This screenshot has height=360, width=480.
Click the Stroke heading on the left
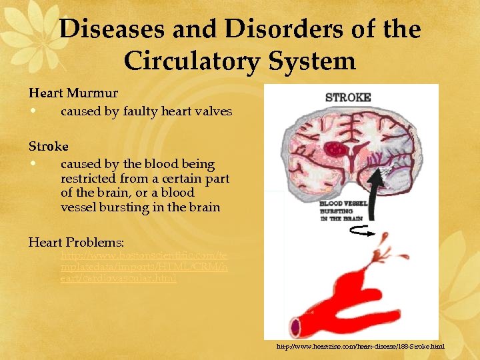pyautogui.click(x=48, y=145)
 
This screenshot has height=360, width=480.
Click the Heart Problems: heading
pyautogui.click(x=77, y=241)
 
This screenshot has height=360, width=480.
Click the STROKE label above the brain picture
pyautogui.click(x=347, y=97)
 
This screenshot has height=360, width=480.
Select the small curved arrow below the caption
pyautogui.click(x=355, y=231)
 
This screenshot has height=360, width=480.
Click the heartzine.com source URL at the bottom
pyautogui.click(x=360, y=347)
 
